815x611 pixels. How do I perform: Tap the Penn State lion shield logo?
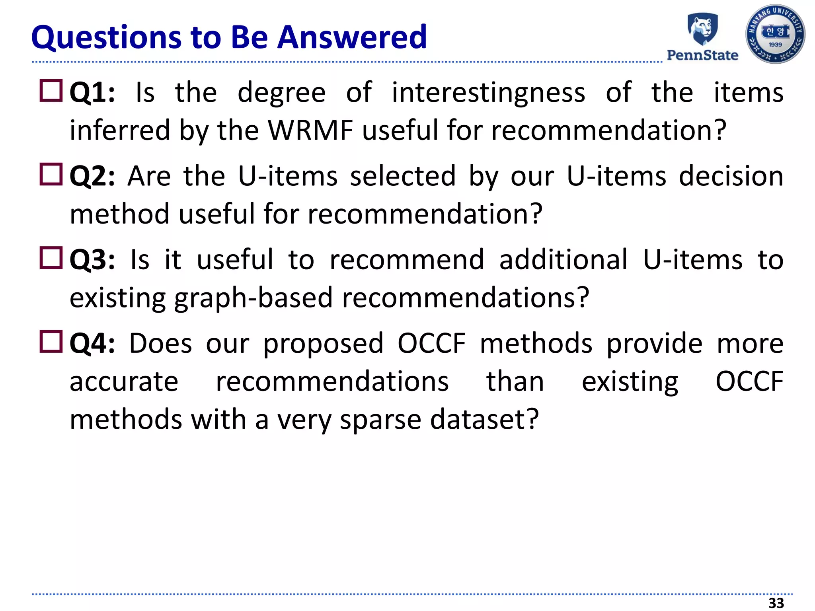(703, 29)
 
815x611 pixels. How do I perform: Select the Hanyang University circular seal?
(775, 34)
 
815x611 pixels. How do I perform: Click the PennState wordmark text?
(702, 55)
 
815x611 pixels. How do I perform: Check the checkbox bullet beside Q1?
(51, 91)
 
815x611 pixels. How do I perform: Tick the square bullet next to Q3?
(51, 258)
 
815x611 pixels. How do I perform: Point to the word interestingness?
(488, 93)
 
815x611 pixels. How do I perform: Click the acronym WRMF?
(310, 130)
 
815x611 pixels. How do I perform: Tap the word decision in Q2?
(731, 176)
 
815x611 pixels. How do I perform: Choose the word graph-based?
(253, 298)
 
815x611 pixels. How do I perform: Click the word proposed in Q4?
(323, 344)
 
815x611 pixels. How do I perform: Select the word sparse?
(380, 420)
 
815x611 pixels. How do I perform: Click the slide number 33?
(776, 603)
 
